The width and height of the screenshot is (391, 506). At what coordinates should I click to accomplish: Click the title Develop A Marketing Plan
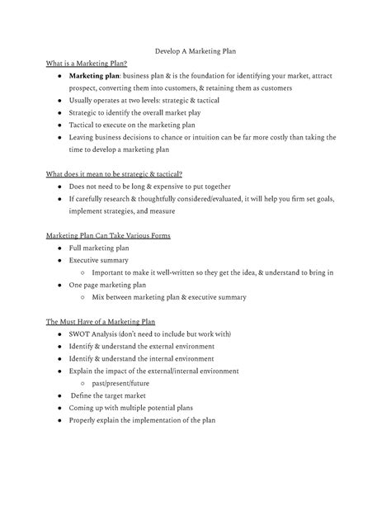click(195, 50)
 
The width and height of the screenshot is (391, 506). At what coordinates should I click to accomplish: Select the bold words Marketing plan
click(95, 76)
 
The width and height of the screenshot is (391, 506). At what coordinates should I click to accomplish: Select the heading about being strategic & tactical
click(114, 173)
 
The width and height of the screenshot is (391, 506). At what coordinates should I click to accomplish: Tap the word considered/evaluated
click(234, 199)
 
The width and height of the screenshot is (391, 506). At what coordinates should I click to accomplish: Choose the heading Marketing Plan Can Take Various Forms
click(108, 236)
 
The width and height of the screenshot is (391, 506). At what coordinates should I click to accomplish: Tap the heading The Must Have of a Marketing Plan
click(101, 321)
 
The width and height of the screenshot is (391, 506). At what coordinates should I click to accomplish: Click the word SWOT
click(82, 333)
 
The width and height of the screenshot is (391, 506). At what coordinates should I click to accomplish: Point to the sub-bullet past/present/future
click(122, 383)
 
